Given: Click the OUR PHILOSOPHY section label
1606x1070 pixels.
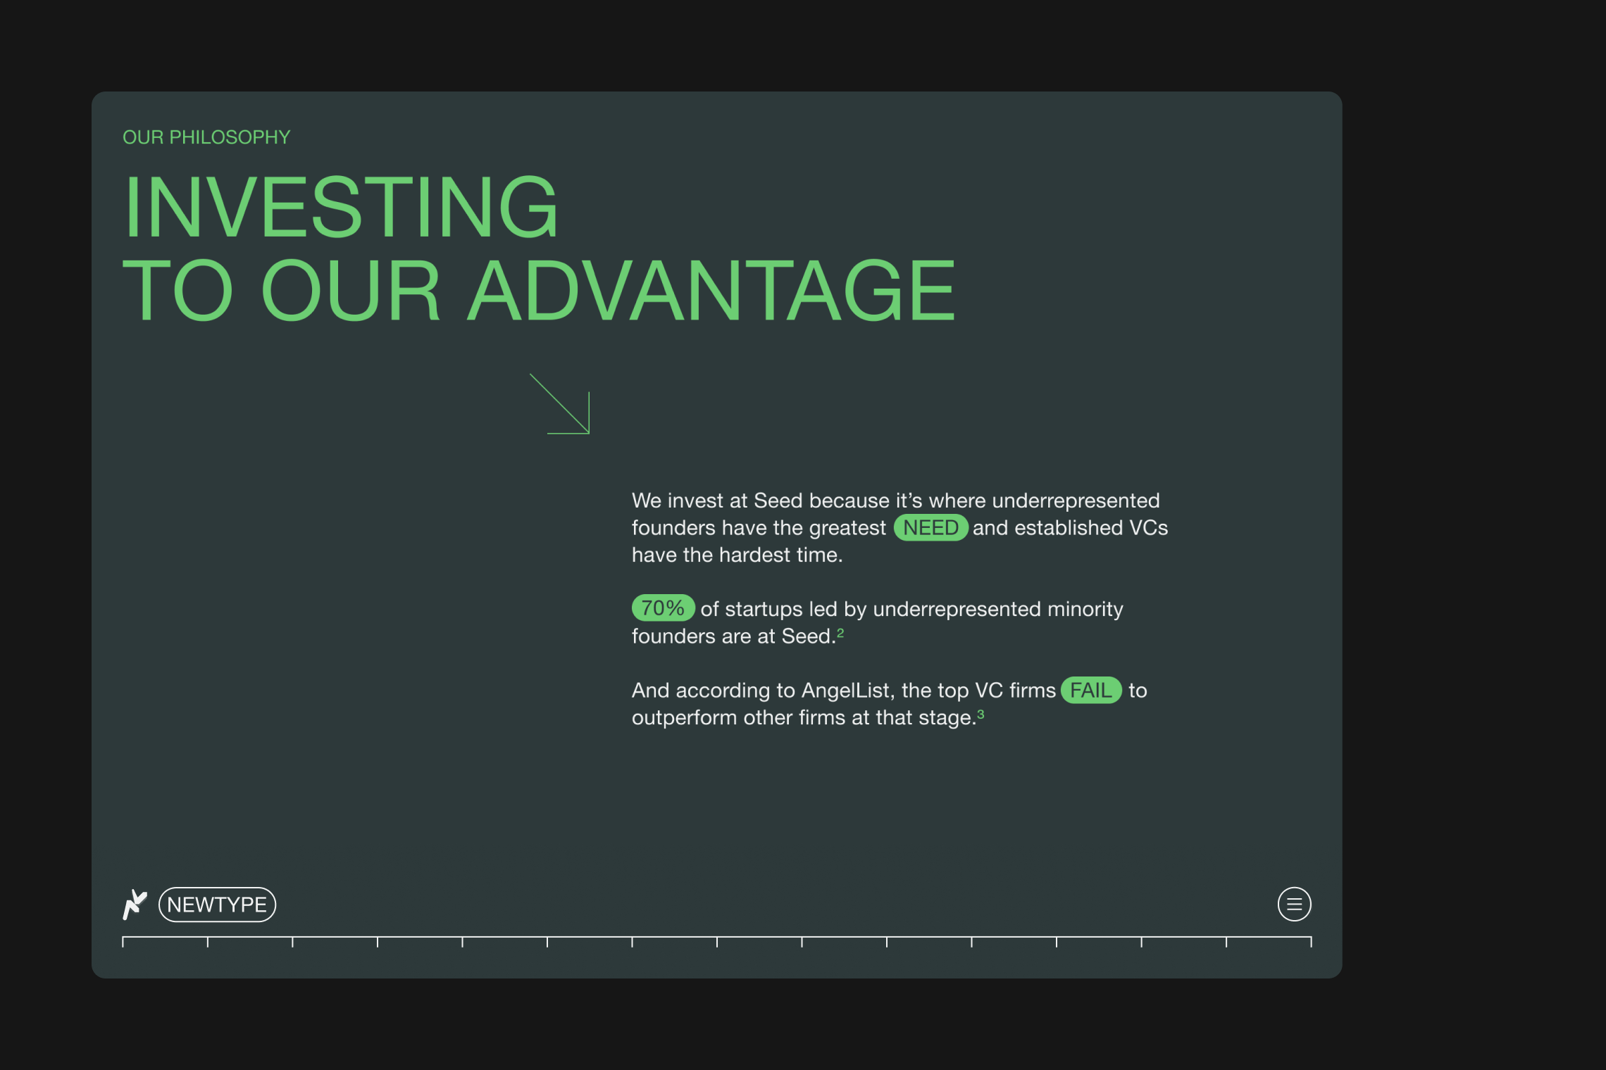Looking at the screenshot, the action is (x=206, y=137).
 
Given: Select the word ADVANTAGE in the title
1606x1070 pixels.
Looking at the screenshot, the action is (x=711, y=290).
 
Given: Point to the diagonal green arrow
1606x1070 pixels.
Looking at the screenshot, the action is (x=560, y=404).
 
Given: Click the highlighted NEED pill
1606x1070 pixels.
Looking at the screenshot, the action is (x=930, y=527).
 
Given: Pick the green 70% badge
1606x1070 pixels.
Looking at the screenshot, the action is (x=663, y=608).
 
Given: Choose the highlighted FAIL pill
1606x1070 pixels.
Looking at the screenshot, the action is (x=1091, y=690).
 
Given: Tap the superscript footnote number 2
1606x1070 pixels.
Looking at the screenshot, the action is (x=840, y=632).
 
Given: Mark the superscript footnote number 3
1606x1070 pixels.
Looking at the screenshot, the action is (x=981, y=714).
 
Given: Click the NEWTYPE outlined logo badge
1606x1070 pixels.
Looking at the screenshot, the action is (x=217, y=905).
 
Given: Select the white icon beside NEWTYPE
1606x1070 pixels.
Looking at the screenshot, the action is (x=135, y=905).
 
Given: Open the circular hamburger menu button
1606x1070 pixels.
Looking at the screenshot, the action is (x=1295, y=905).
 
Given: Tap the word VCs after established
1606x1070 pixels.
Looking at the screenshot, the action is (x=1149, y=528).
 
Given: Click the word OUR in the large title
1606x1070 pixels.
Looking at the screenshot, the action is (x=351, y=290).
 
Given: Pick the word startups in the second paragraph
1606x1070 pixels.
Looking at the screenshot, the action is (x=764, y=609).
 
